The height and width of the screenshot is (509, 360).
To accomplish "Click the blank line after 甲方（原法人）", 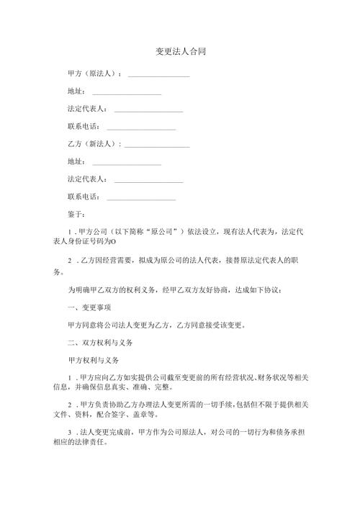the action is point(158,76).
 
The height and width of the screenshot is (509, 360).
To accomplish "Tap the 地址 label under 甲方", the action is point(76,91).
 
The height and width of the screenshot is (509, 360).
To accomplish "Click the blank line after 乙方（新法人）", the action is point(157,145).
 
